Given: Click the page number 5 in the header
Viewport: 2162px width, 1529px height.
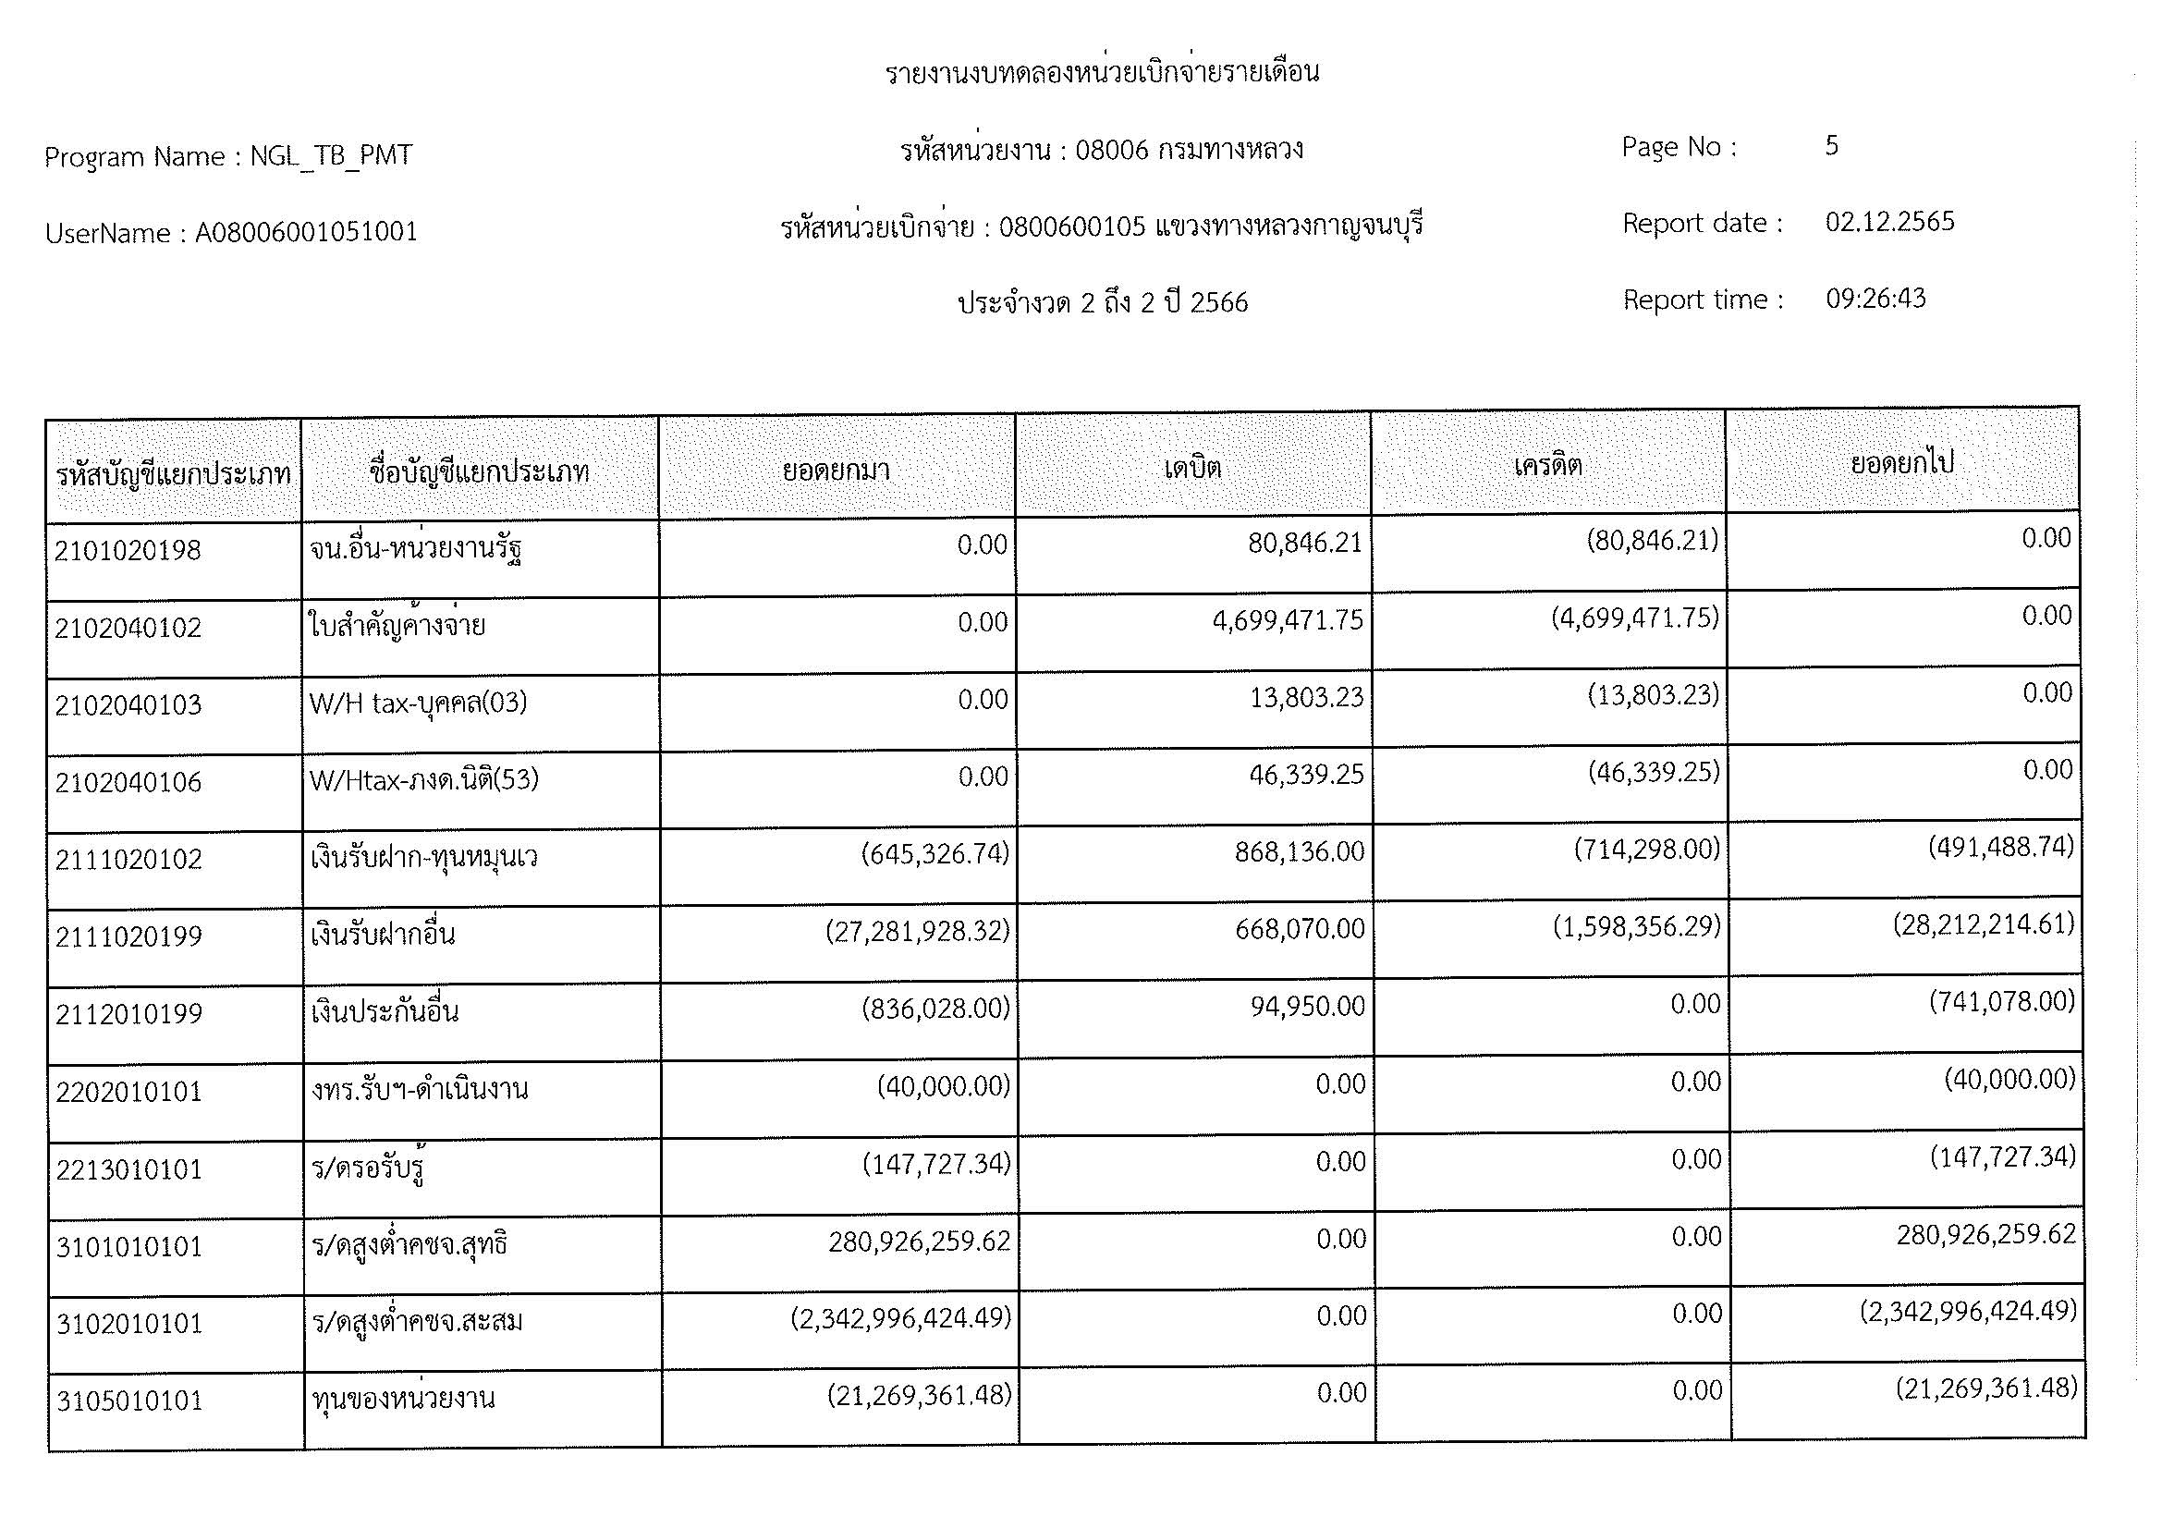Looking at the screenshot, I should (x=1830, y=145).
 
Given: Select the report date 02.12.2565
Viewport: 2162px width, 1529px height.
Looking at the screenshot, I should (x=1889, y=222).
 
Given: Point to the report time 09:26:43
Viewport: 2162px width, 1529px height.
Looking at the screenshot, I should (x=1875, y=299).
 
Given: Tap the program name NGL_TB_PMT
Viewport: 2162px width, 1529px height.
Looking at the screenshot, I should (x=331, y=155).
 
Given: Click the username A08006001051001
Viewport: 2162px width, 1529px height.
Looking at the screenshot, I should (x=306, y=233).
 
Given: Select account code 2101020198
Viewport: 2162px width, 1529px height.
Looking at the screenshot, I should (x=128, y=551).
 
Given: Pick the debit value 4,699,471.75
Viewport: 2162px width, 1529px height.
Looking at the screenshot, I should (x=1288, y=620).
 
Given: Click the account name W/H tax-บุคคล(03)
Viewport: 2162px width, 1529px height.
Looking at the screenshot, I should (x=418, y=703).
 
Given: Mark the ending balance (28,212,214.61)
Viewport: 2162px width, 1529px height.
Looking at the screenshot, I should (x=1984, y=924).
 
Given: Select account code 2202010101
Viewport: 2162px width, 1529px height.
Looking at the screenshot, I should (x=129, y=1092).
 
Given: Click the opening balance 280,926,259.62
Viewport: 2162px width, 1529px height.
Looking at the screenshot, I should (x=919, y=1242).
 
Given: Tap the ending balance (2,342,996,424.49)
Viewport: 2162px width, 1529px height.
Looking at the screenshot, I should (x=1968, y=1312).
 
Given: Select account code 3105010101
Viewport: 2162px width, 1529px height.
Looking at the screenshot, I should (x=129, y=1401).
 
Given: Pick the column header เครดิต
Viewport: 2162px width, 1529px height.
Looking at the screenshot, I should (x=1547, y=465).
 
